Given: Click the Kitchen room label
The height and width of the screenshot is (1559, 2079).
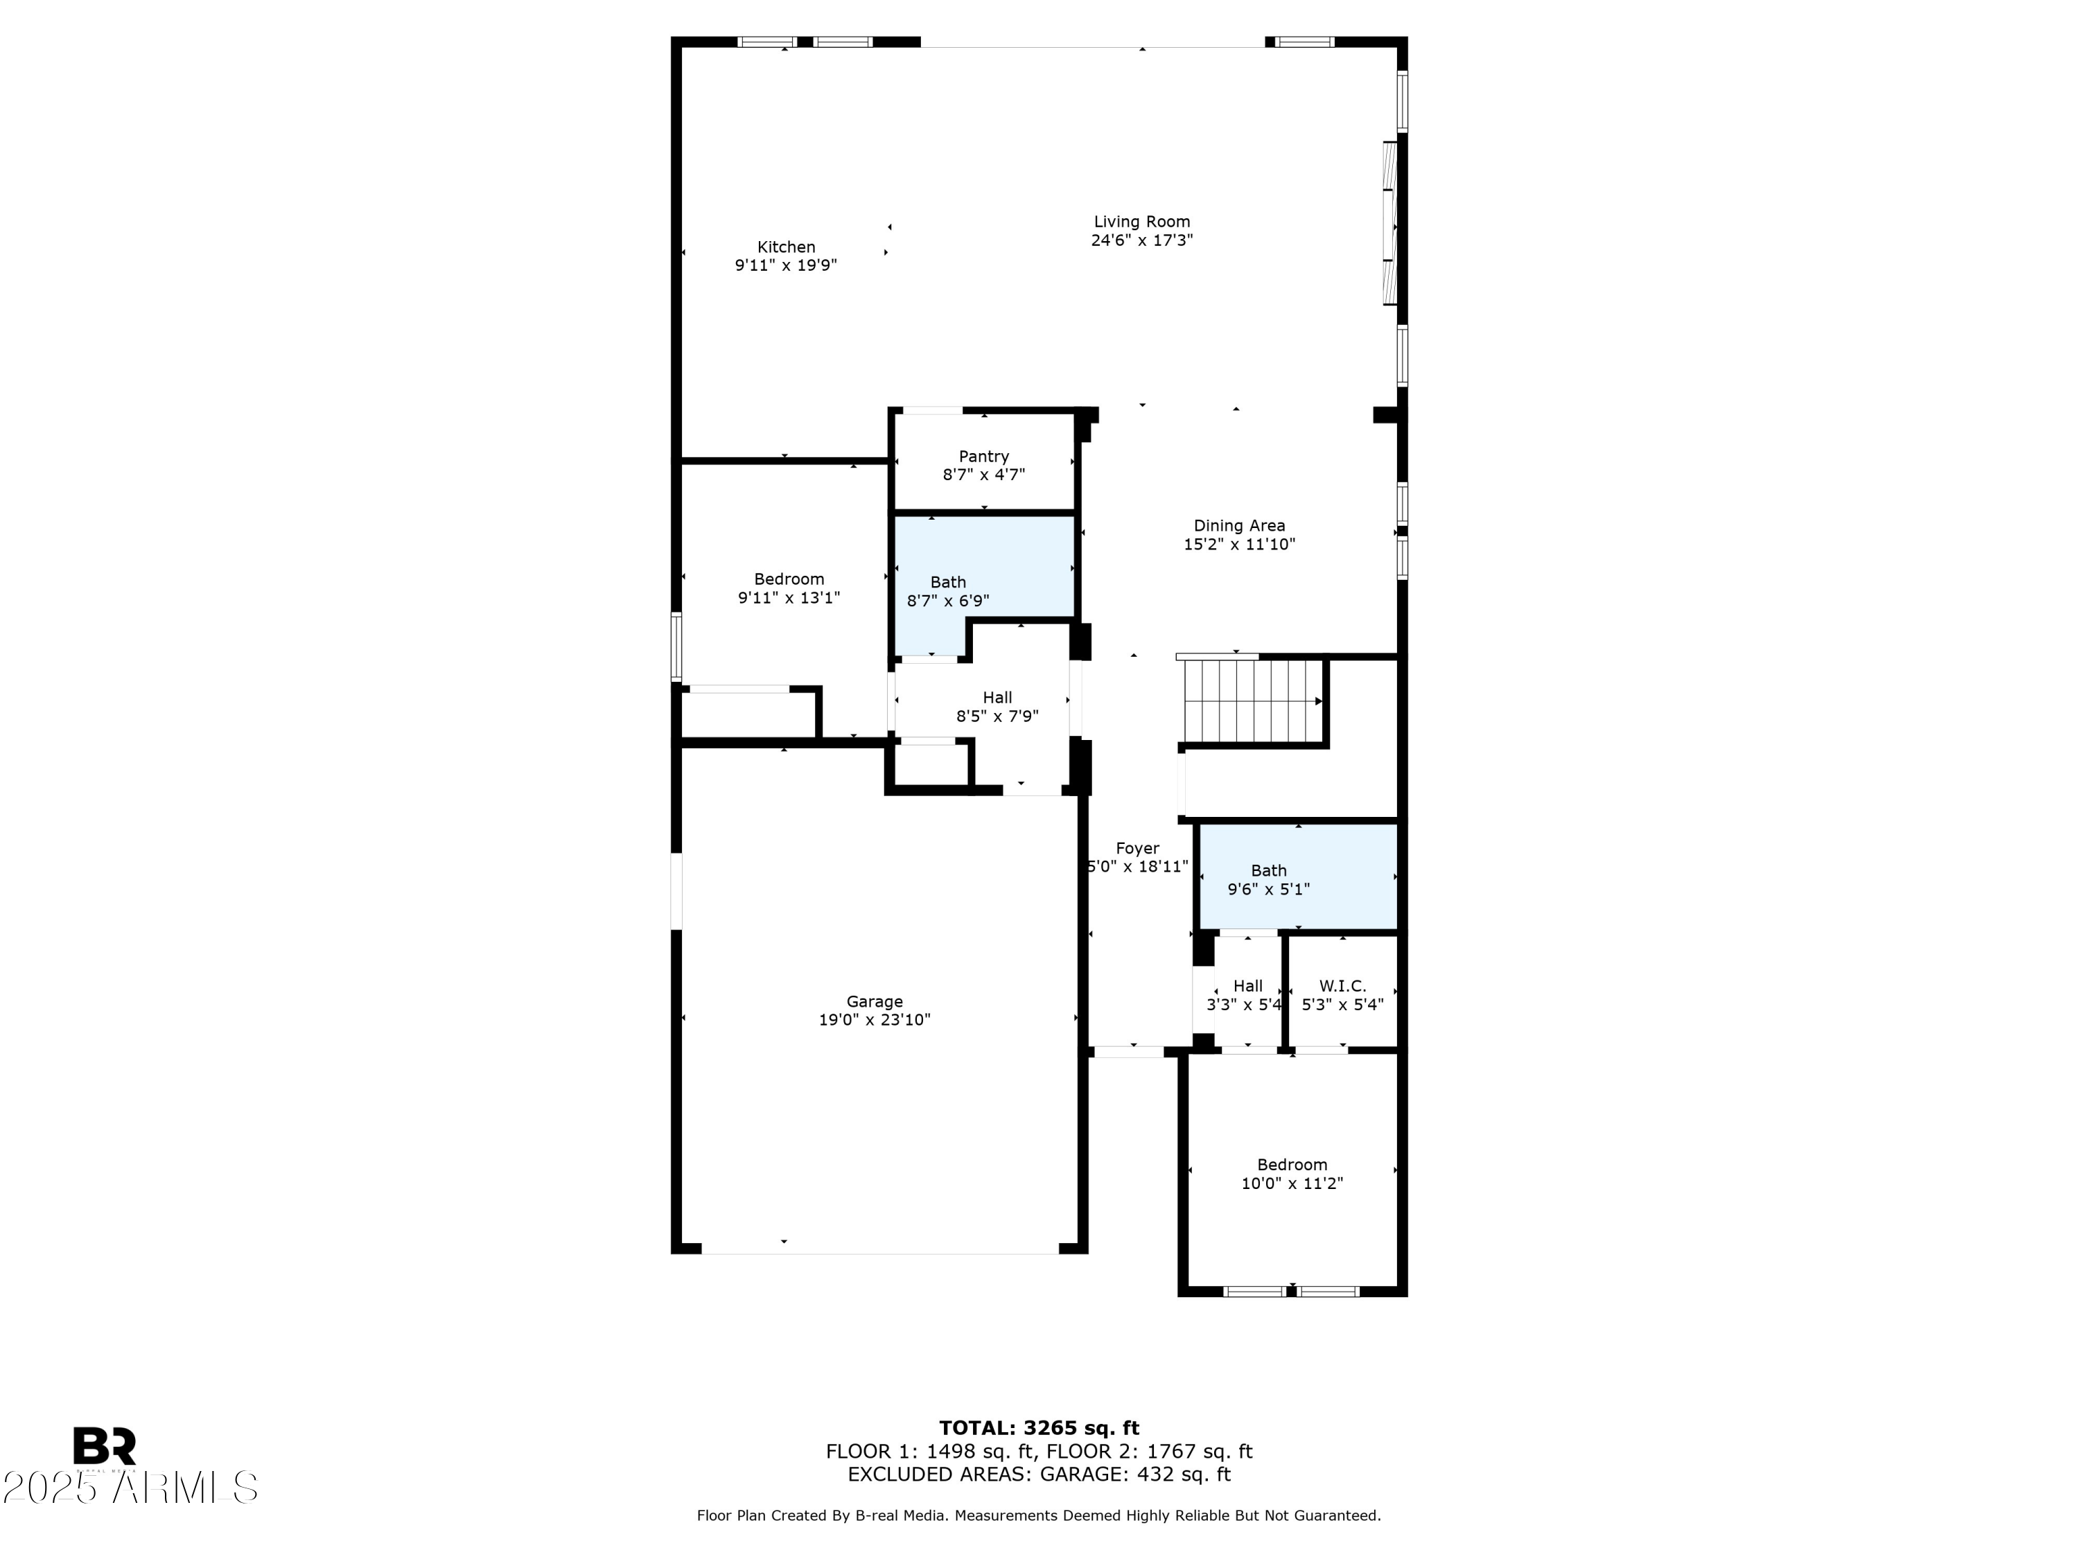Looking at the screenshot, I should tap(786, 247).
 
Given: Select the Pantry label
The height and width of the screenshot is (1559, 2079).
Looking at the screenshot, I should tap(983, 457).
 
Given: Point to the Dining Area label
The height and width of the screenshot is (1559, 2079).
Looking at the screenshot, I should tap(1239, 526).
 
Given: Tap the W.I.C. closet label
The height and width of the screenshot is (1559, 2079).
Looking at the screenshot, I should tap(1342, 986).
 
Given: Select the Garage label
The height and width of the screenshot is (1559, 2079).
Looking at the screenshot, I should tap(874, 1002).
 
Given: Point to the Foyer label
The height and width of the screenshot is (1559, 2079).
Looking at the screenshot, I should tap(1137, 849).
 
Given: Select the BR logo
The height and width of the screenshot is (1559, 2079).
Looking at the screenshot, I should tap(105, 1446).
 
